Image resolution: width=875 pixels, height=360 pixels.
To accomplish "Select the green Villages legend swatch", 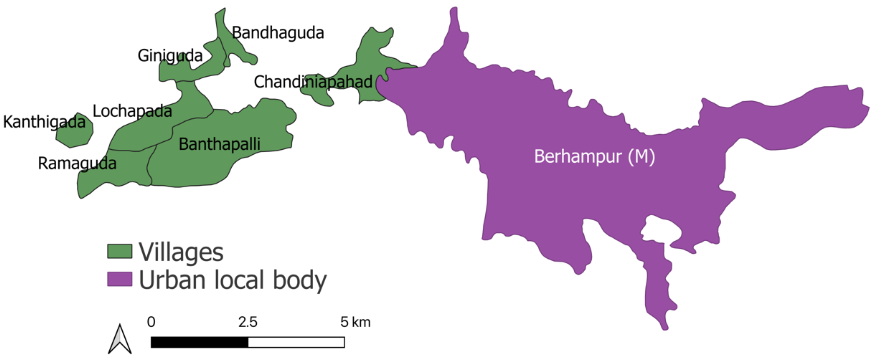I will pyautogui.click(x=120, y=251).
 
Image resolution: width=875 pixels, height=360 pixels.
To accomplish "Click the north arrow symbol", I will pyautogui.click(x=120, y=340).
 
